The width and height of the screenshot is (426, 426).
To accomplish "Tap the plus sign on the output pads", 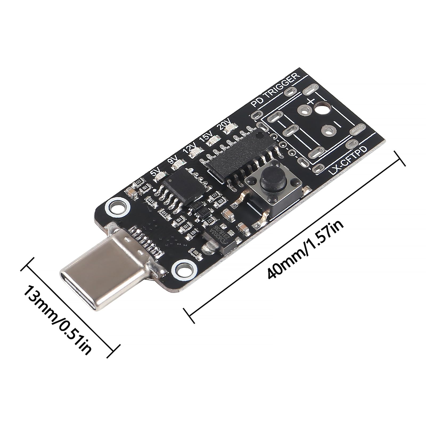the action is coord(311,101).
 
